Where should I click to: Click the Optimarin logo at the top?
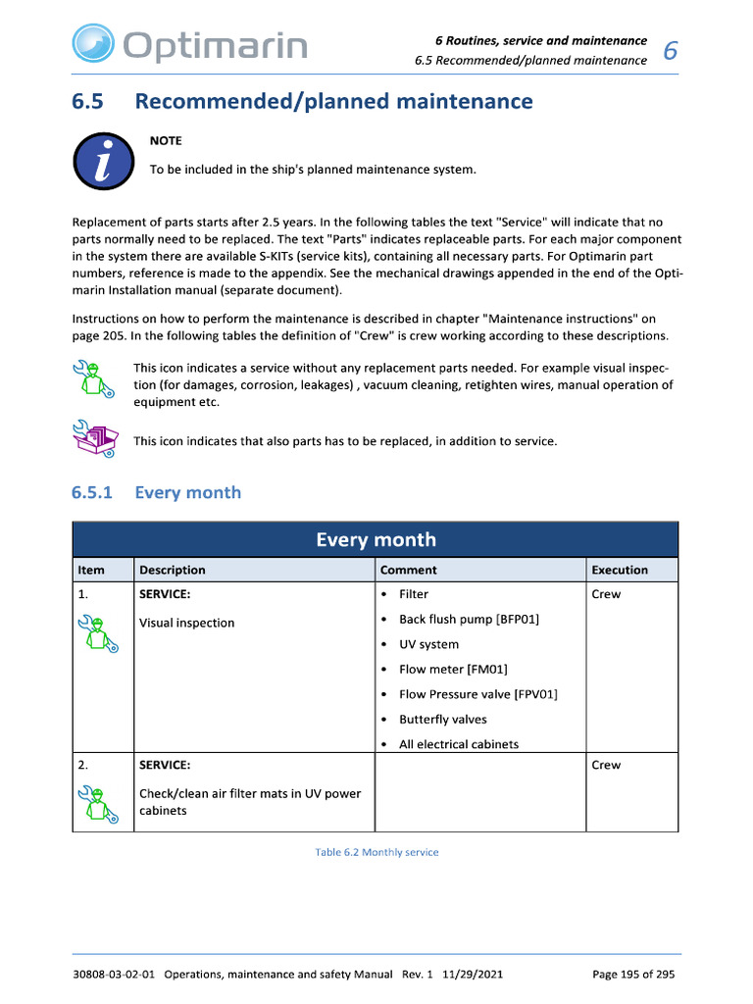click(x=188, y=44)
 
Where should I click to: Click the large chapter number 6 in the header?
click(x=671, y=51)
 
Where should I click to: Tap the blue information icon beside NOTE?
click(x=103, y=162)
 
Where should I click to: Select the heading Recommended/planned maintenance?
click(x=333, y=101)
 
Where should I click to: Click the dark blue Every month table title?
click(x=376, y=539)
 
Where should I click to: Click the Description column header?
click(x=173, y=570)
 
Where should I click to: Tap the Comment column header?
click(x=408, y=570)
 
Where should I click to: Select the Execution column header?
click(x=620, y=570)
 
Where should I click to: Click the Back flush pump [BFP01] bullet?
click(x=469, y=619)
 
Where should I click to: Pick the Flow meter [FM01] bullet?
click(x=453, y=670)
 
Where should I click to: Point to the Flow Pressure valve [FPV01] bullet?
click(x=477, y=694)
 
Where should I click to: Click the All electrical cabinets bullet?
click(x=458, y=744)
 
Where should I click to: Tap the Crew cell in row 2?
click(x=606, y=765)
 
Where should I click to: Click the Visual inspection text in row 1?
click(x=186, y=623)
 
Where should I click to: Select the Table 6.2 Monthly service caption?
click(x=376, y=852)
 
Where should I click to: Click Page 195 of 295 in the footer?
click(x=633, y=975)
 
